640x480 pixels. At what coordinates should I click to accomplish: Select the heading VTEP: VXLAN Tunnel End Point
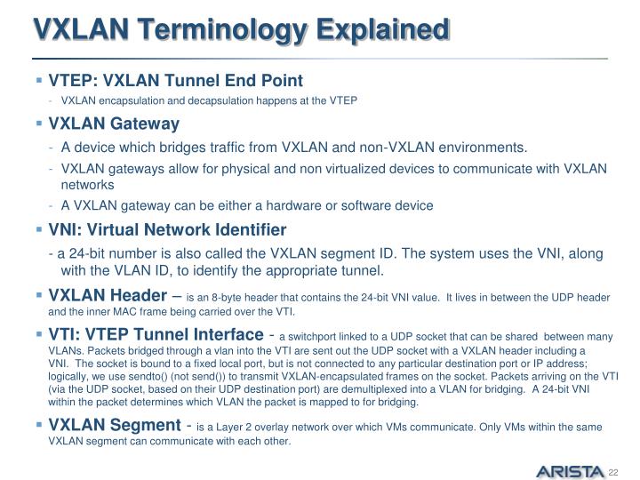point(176,80)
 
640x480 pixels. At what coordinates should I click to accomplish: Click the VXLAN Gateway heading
point(114,124)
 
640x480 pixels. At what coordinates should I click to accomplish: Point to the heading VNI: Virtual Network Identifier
point(167,229)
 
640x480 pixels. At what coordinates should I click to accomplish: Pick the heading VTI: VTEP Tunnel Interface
point(156,334)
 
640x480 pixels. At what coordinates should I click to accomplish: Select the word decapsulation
point(222,100)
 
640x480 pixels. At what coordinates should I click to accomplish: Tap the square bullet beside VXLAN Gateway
point(39,124)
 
